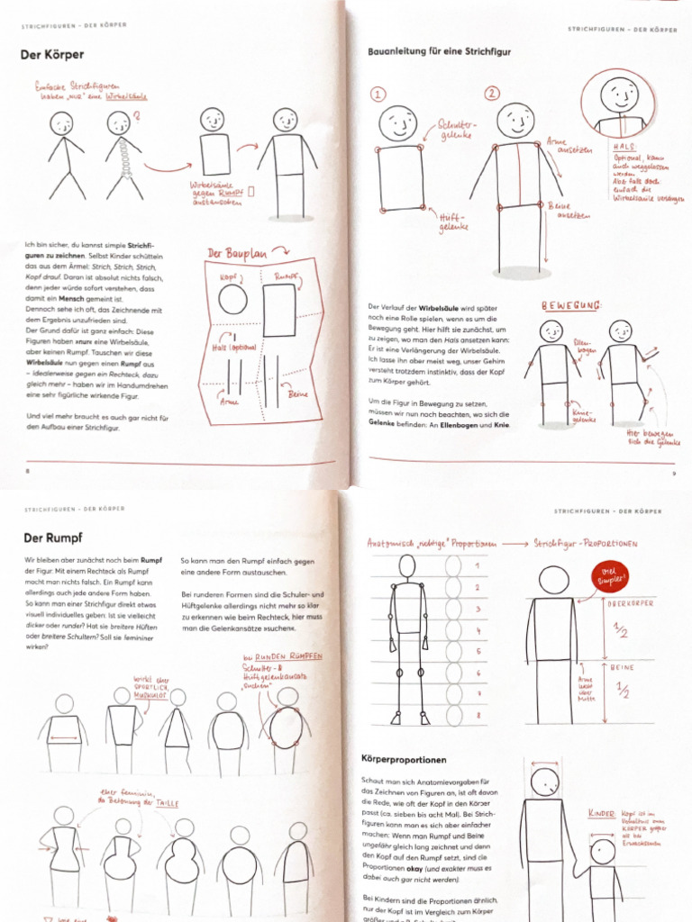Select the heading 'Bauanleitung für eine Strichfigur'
pyautogui.click(x=439, y=52)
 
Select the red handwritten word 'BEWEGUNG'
pyautogui.click(x=570, y=306)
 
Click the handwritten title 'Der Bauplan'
pyautogui.click(x=240, y=254)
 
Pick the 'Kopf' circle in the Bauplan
pyautogui.click(x=232, y=298)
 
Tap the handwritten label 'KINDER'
pyautogui.click(x=601, y=813)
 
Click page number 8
pyautogui.click(x=27, y=470)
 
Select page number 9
pyautogui.click(x=673, y=473)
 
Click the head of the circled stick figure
pyautogui.click(x=619, y=94)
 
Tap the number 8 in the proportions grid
pyautogui.click(x=478, y=715)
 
